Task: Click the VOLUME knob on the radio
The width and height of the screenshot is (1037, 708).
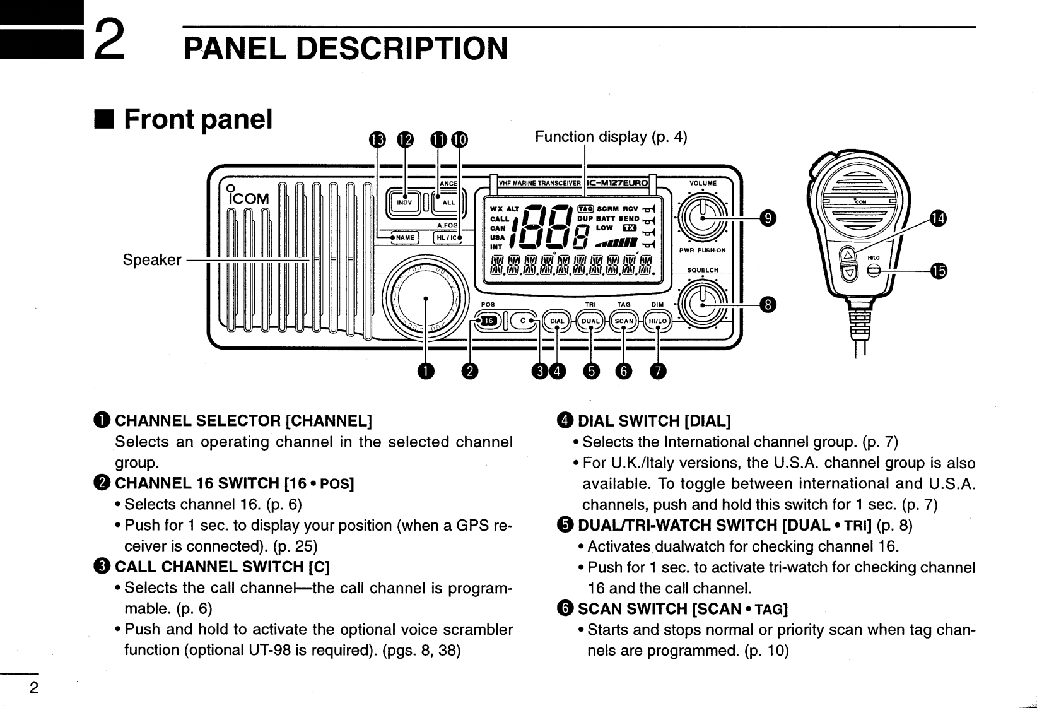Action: click(702, 217)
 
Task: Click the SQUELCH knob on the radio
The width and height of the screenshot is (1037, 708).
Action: click(702, 304)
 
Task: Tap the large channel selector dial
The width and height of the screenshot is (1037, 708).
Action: click(426, 298)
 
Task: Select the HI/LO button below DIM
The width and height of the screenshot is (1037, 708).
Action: click(657, 321)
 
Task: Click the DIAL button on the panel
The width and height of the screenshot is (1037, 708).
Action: click(558, 321)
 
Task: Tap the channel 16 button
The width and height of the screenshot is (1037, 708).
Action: click(489, 321)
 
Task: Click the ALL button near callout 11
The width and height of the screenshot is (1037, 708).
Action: click(448, 203)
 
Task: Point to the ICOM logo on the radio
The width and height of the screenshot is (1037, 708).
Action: click(249, 198)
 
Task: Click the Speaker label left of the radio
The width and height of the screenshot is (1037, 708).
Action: click(152, 260)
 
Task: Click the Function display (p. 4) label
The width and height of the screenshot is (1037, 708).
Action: click(611, 137)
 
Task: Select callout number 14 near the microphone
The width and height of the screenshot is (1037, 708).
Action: click(938, 219)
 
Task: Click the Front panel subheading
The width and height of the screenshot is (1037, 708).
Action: click(197, 119)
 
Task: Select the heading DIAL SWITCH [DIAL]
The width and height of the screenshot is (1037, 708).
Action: click(654, 421)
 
